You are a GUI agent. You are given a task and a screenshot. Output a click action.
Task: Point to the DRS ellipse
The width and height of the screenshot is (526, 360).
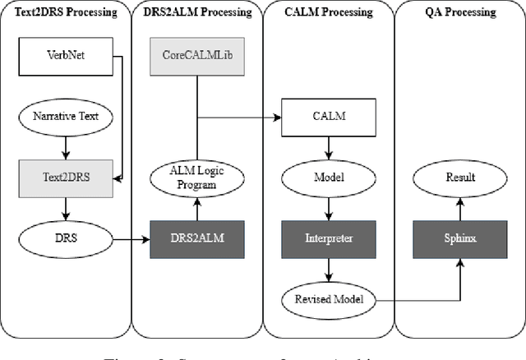click(x=66, y=239)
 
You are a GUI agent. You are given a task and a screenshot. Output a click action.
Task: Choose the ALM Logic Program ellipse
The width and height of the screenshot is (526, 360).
click(x=197, y=177)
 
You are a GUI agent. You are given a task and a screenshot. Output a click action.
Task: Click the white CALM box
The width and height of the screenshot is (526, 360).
click(x=328, y=117)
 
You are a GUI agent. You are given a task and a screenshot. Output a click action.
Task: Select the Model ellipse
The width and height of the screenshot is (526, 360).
click(x=328, y=177)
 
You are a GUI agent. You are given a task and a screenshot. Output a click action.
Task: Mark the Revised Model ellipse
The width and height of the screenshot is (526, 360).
click(x=328, y=299)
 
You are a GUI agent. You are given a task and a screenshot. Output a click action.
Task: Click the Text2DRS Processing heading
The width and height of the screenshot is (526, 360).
click(x=66, y=12)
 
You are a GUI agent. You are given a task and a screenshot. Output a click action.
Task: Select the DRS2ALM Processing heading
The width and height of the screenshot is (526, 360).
click(x=197, y=12)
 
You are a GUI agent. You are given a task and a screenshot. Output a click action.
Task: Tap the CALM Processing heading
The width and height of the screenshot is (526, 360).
click(x=328, y=12)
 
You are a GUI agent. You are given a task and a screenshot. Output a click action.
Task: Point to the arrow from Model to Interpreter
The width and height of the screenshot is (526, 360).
click(x=328, y=209)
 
